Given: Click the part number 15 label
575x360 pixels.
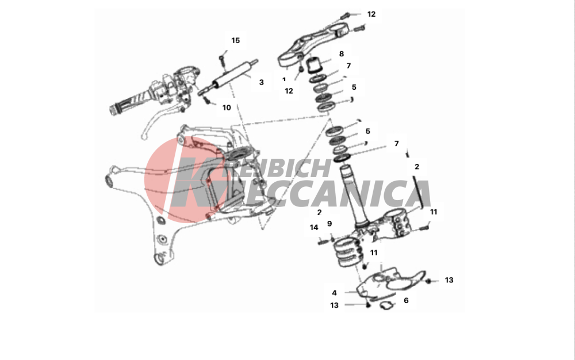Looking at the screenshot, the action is coord(235,40).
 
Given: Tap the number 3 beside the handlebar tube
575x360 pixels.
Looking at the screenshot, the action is coord(262,82).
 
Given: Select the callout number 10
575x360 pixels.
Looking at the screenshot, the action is coord(227,108).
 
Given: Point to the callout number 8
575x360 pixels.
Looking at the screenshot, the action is coord(342,54).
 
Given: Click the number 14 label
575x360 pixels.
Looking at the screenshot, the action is coord(314,228).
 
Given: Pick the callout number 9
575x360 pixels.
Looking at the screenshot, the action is coord(329,224).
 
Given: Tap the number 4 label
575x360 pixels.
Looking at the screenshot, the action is coord(335,293).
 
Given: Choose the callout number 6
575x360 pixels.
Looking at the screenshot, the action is coord(406,300).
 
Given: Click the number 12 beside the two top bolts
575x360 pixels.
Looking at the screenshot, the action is coord(371,14).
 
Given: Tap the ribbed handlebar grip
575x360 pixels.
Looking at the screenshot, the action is coord(130,103).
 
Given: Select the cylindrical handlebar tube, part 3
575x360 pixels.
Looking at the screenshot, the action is coord(228,78).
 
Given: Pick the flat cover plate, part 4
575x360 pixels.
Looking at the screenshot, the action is coord(389,283).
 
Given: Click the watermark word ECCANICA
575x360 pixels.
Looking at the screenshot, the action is coord(336,194).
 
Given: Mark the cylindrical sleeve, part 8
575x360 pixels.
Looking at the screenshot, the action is coord(313,65).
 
